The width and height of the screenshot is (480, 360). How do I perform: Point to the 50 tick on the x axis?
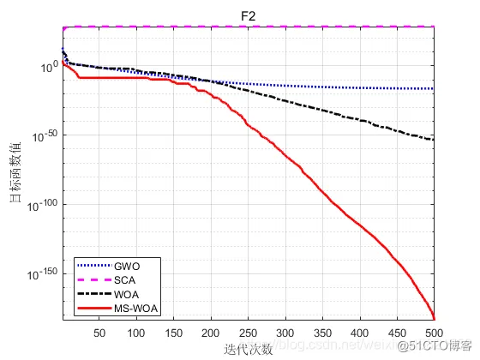[x=99, y=333]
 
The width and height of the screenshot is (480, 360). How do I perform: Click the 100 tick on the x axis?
[x=136, y=333]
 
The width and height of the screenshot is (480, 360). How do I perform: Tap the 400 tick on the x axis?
[x=360, y=333]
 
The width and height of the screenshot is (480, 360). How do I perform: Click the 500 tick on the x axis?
[x=434, y=333]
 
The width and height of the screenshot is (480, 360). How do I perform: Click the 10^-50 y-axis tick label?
[x=45, y=135]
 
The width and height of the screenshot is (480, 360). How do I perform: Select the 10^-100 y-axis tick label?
[x=43, y=205]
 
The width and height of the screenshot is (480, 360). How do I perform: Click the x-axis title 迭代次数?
[x=249, y=349]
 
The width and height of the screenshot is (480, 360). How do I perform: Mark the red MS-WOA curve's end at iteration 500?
[x=435, y=318]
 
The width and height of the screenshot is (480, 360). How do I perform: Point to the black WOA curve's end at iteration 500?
[x=435, y=140]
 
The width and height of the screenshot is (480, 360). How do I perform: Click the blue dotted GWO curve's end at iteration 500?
[x=435, y=89]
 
